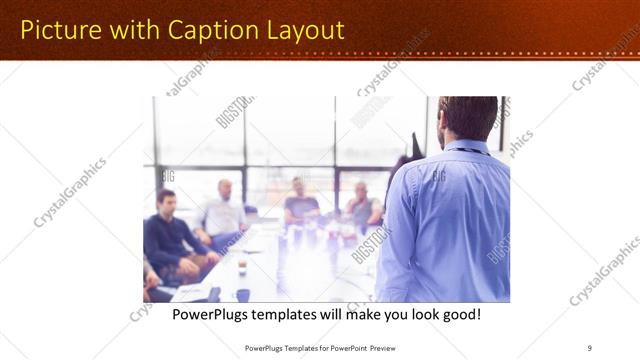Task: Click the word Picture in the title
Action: [60, 30]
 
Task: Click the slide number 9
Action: [589, 347]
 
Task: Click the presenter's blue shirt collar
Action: [466, 147]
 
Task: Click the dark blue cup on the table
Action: [243, 295]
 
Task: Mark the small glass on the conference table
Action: [242, 267]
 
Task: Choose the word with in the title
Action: [128, 30]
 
